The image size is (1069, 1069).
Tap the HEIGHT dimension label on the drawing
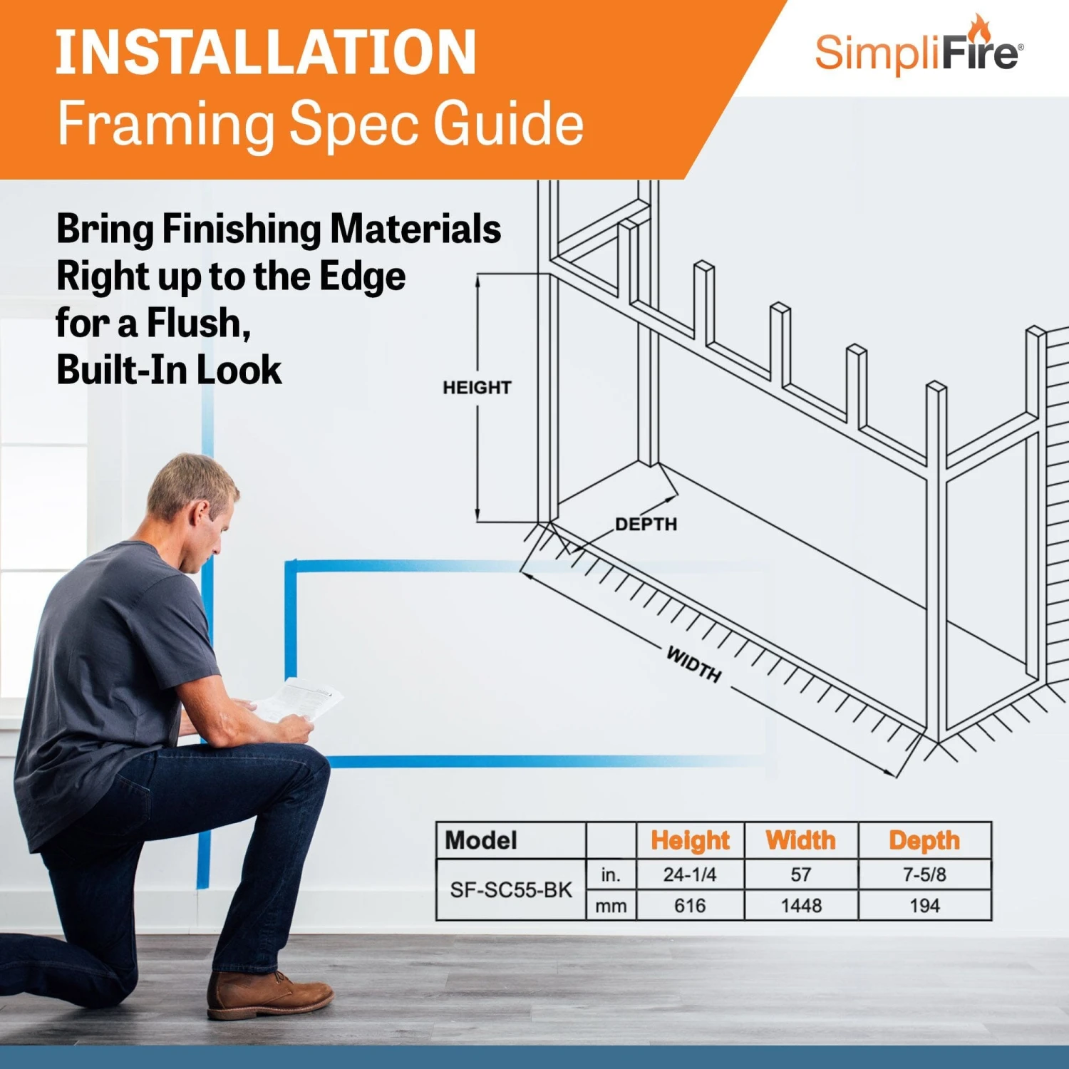(477, 388)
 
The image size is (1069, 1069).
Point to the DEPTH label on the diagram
(646, 525)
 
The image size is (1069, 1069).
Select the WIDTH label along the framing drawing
(693, 663)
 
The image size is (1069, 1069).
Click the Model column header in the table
(481, 840)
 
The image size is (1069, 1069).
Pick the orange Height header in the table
(690, 840)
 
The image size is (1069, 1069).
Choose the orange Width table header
(801, 840)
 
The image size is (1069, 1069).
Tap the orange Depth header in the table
(924, 840)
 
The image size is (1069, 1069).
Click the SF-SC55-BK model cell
(511, 890)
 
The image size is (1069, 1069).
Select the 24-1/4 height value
(690, 874)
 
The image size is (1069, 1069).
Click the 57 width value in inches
(801, 874)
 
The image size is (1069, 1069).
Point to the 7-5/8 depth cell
(924, 874)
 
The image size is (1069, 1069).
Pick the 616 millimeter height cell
(690, 906)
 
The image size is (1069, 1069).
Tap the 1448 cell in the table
(801, 906)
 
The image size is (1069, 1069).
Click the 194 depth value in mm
(924, 906)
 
